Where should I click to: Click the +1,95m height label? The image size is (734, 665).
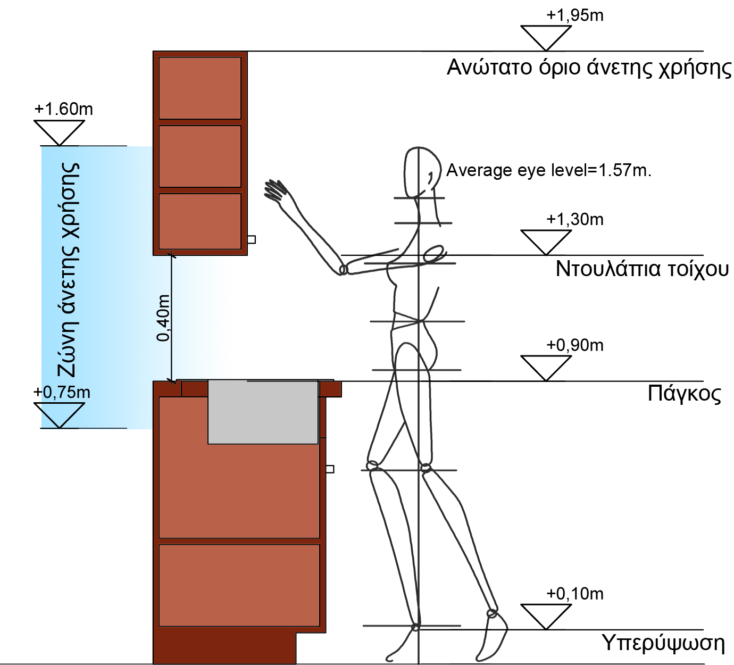coord(575,15)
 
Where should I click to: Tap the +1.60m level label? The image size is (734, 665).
coord(63,109)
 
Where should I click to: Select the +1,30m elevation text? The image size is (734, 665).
coord(575,219)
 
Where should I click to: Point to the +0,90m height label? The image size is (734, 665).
coord(575,345)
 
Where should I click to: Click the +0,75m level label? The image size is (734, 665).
coord(62,393)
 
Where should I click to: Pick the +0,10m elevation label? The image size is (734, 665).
coord(575,594)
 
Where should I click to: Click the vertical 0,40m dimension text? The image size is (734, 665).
coord(164,318)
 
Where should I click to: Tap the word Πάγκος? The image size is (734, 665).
coord(685,394)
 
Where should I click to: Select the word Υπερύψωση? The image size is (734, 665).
coord(663,643)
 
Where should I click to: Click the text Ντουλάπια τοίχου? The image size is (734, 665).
coord(642,269)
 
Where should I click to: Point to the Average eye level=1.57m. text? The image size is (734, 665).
coord(548,170)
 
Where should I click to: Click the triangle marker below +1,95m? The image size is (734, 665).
coord(546,36)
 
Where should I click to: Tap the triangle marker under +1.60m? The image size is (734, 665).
coord(59,131)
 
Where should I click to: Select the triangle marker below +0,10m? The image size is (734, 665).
coord(546,615)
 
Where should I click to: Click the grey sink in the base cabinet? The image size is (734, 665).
coord(263,412)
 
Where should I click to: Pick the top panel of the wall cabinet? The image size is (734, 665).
coord(200,88)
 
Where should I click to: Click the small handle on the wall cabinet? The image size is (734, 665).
coord(252,240)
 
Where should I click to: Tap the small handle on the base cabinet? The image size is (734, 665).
coord(330,469)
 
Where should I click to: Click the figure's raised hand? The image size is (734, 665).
coord(276,190)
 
